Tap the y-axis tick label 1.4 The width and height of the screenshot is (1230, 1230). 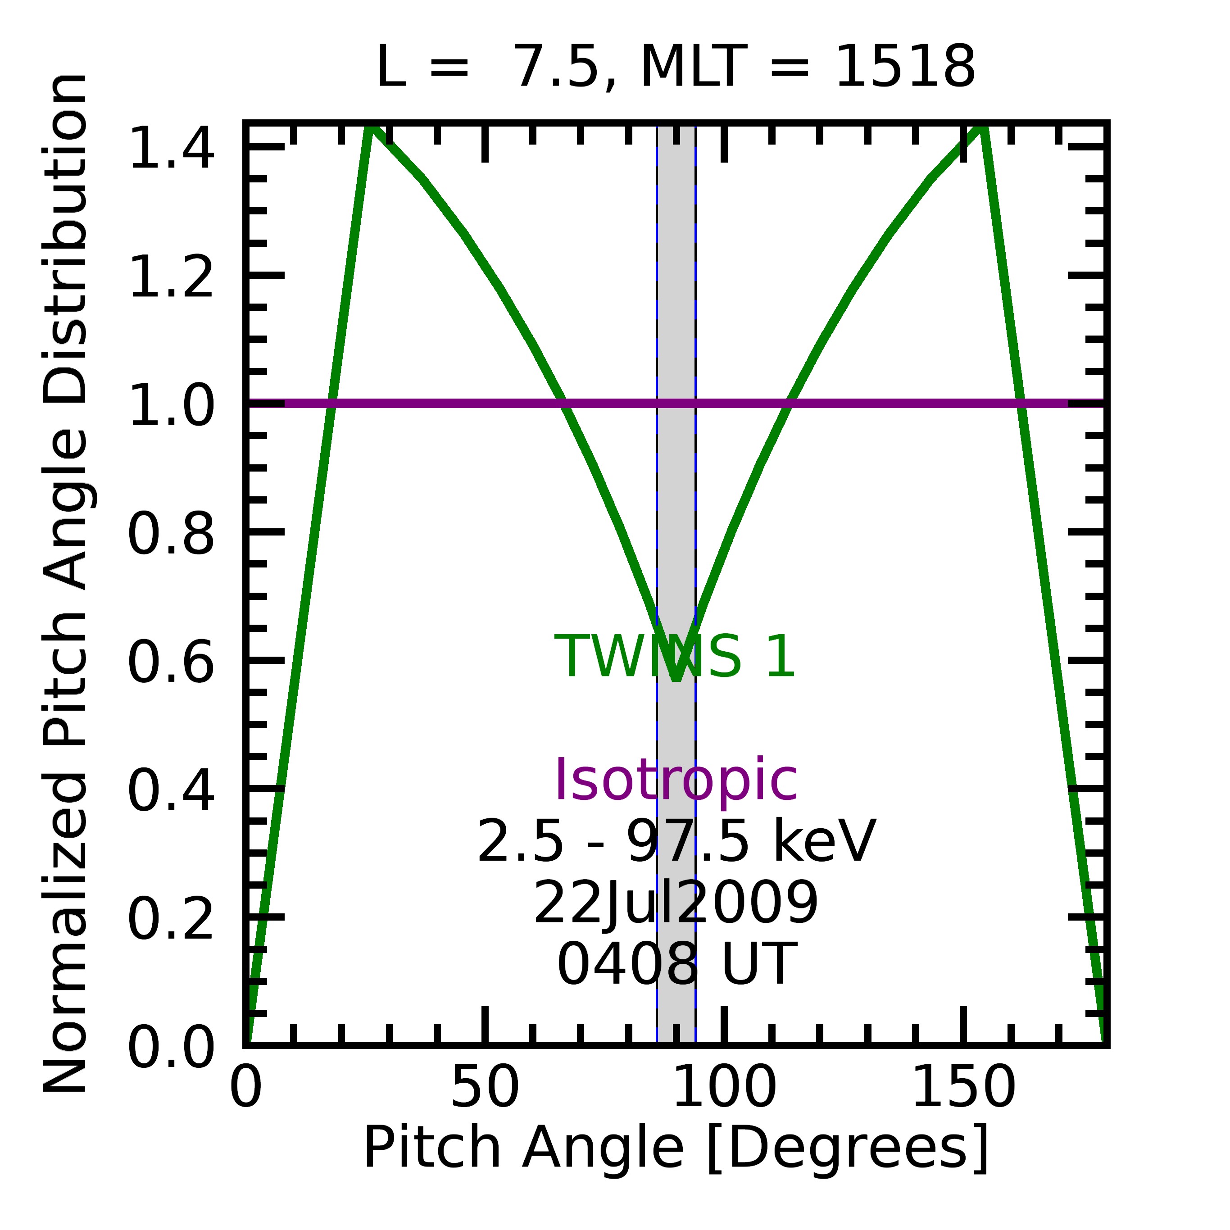[x=171, y=148]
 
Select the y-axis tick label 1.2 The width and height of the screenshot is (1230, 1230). [x=171, y=277]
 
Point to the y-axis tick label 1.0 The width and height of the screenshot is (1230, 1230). [x=171, y=405]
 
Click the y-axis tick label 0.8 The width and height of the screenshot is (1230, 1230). [x=171, y=535]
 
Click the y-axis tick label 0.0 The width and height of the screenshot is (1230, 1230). [x=171, y=1048]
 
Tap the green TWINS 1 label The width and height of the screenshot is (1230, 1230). [x=676, y=657]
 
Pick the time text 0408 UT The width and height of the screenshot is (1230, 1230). [x=676, y=965]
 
